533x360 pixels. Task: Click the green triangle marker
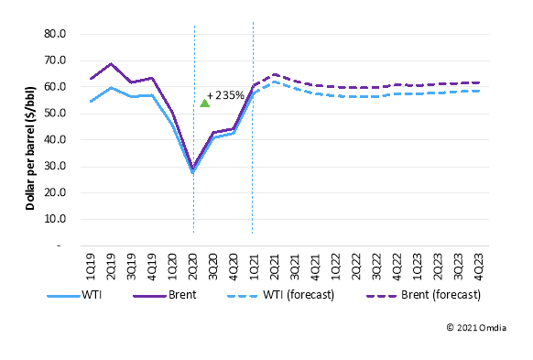pos(204,103)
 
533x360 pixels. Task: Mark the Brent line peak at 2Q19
pos(111,64)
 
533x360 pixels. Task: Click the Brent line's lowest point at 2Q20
pos(193,168)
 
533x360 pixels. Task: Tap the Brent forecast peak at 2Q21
pos(274,74)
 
